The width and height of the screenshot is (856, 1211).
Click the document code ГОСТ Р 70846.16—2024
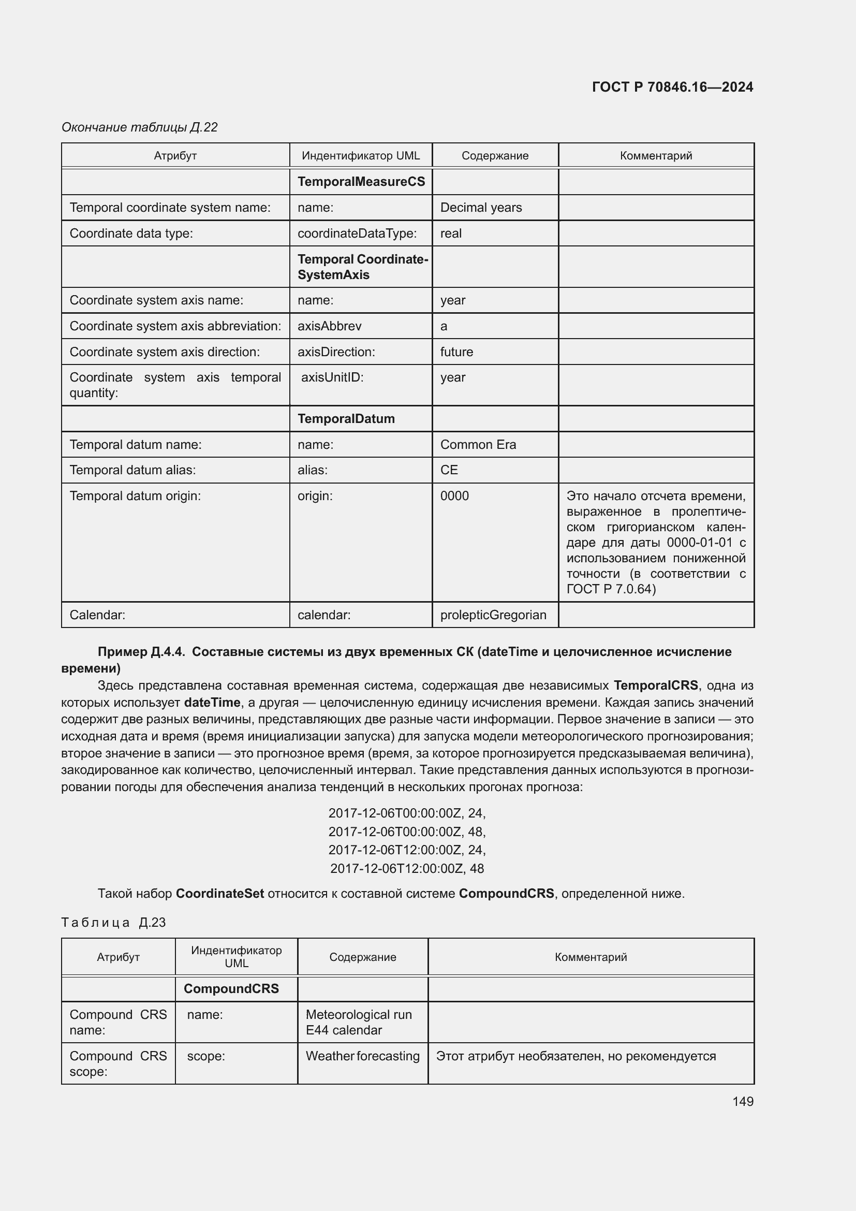point(672,87)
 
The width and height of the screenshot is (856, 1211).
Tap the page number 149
point(742,1101)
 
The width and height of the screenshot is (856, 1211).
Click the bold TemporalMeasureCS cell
point(361,181)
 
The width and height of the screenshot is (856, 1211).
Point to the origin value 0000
point(454,496)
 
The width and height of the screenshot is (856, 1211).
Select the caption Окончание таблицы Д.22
point(140,127)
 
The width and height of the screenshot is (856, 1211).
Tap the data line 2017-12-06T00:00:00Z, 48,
point(407,832)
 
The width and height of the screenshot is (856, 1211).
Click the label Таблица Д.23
point(113,923)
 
